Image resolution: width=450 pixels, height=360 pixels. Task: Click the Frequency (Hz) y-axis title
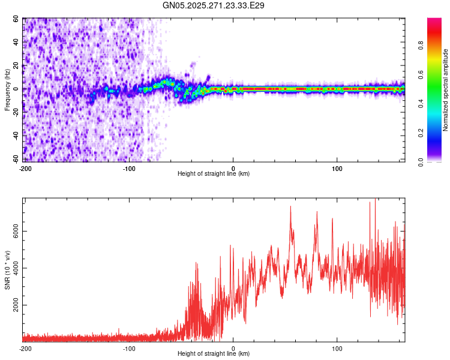click(7, 90)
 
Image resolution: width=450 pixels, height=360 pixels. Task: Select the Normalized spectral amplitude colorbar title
click(446, 90)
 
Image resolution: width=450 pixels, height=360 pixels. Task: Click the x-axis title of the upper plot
click(214, 174)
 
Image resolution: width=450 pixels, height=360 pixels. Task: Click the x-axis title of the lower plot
click(214, 354)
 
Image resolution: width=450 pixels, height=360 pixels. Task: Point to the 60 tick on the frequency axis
click(16, 19)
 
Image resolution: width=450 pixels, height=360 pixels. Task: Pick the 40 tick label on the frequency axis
click(16, 42)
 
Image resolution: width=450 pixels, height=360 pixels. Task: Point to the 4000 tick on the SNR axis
click(16, 268)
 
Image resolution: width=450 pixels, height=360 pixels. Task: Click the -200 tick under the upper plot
click(25, 168)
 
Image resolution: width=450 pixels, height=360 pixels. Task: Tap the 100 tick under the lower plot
click(337, 348)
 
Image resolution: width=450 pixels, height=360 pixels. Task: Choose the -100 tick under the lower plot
click(129, 348)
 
